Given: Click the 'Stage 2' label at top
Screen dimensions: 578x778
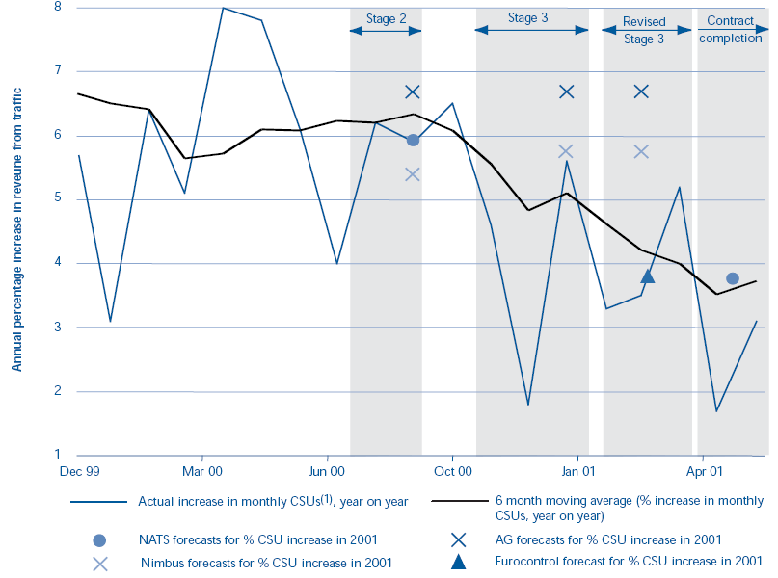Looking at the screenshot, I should coord(386,18).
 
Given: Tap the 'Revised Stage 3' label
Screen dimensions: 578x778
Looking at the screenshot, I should coord(643,30).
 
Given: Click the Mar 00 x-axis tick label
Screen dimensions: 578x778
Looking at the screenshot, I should coord(202,472).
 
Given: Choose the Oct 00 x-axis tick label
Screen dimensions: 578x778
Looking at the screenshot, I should coord(452,472).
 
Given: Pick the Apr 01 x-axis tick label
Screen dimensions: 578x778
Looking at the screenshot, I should coord(704,472).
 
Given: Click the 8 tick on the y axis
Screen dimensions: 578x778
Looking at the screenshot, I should coord(56,7).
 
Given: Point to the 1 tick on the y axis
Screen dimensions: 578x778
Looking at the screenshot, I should coord(56,455).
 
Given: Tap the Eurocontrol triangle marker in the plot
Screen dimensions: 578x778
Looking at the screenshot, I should coord(648,276).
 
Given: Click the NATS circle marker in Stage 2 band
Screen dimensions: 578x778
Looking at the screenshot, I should coord(413,140).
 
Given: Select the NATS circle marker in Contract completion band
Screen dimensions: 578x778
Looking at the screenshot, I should coord(733,278).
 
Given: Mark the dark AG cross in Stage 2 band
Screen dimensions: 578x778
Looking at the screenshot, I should coord(413,92).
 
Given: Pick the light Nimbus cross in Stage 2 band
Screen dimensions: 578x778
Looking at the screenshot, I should coord(413,174).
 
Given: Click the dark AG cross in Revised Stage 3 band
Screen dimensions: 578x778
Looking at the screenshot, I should coord(641,92).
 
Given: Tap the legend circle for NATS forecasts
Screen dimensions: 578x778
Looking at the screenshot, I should coord(99,539).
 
